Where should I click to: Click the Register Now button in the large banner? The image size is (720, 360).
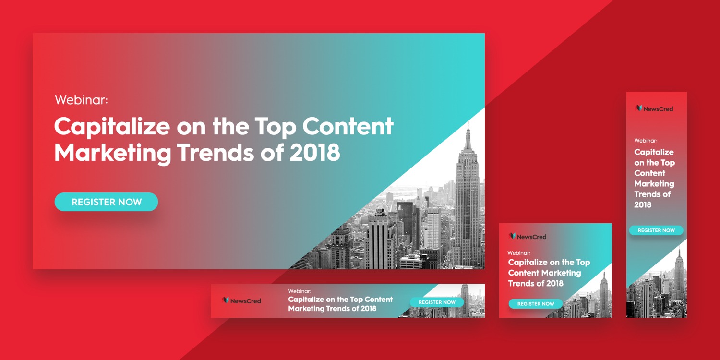click(106, 202)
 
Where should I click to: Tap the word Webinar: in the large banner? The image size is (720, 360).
click(81, 100)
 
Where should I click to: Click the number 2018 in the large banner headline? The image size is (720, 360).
click(315, 153)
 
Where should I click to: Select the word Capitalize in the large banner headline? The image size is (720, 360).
click(112, 127)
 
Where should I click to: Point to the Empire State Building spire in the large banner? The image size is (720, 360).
click(468, 132)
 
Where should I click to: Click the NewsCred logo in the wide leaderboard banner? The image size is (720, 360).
click(241, 301)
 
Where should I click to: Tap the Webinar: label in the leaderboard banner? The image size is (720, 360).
click(300, 291)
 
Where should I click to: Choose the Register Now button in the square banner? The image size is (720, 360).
click(536, 304)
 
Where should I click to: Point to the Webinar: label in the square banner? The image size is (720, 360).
click(519, 252)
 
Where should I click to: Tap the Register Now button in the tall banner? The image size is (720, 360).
click(656, 230)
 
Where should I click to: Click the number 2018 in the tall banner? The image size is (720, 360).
click(643, 205)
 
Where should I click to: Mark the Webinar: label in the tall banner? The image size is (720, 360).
click(646, 141)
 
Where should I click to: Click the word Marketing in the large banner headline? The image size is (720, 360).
click(112, 153)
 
